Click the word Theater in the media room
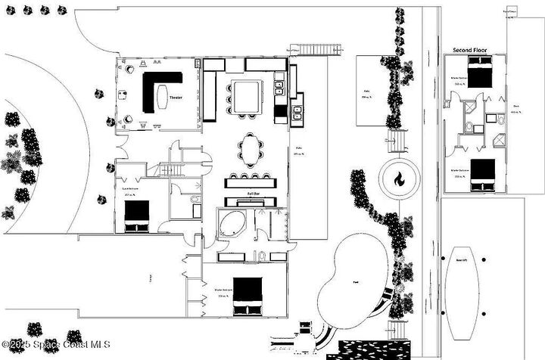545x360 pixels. coord(176,98)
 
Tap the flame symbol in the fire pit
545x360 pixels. coord(398,180)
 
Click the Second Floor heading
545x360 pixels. coord(471,50)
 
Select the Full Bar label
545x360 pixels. coord(253,194)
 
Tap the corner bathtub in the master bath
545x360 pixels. coord(230,225)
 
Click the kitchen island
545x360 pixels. coord(247,96)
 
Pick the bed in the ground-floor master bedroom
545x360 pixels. coord(247,295)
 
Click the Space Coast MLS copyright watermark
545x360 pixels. coord(56,345)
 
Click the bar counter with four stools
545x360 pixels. coord(252,182)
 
